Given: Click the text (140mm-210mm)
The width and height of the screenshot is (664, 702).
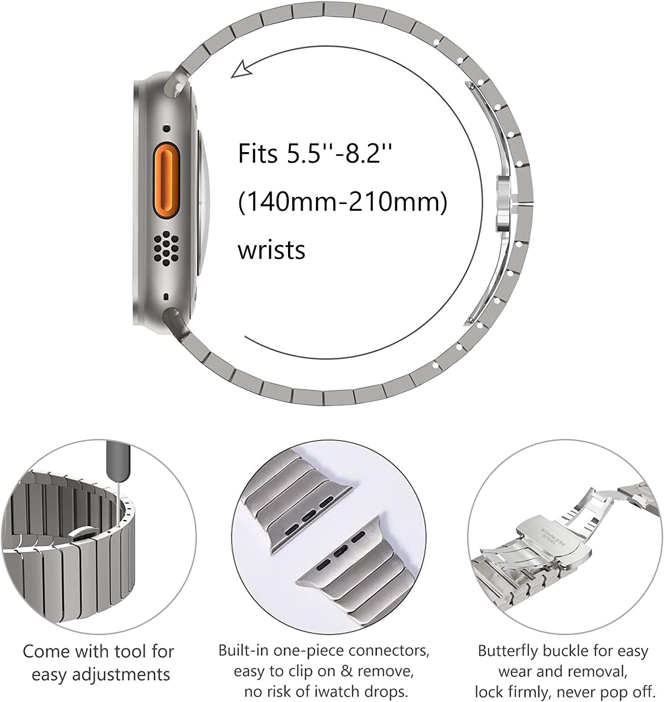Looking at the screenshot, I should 343,202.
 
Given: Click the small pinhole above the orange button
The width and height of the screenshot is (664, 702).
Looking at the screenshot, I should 167,128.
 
